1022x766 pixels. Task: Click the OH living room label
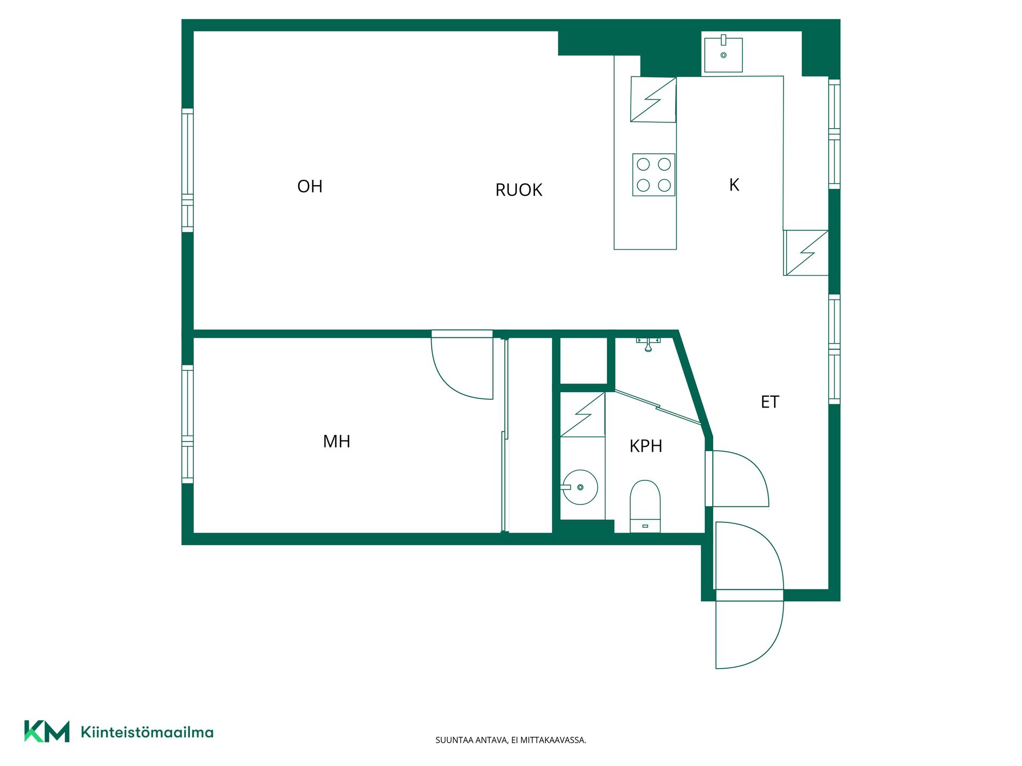click(x=310, y=186)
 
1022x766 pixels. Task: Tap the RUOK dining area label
click(x=519, y=190)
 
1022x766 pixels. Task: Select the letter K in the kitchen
click(x=734, y=185)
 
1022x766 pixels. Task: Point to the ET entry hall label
click(x=770, y=402)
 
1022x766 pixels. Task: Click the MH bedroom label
click(x=336, y=441)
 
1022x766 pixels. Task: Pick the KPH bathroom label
click(x=646, y=446)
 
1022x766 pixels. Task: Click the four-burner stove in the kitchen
click(x=654, y=174)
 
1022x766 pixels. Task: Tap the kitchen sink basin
click(x=723, y=54)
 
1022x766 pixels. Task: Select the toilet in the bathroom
click(x=645, y=506)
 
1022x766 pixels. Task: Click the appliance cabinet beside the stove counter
click(x=653, y=99)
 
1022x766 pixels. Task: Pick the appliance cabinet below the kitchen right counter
click(x=806, y=253)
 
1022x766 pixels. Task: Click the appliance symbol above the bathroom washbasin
click(x=582, y=415)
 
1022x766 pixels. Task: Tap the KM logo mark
click(x=47, y=731)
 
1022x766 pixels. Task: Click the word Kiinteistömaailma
click(x=147, y=732)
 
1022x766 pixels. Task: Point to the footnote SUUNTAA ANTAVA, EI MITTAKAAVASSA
click(x=510, y=740)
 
